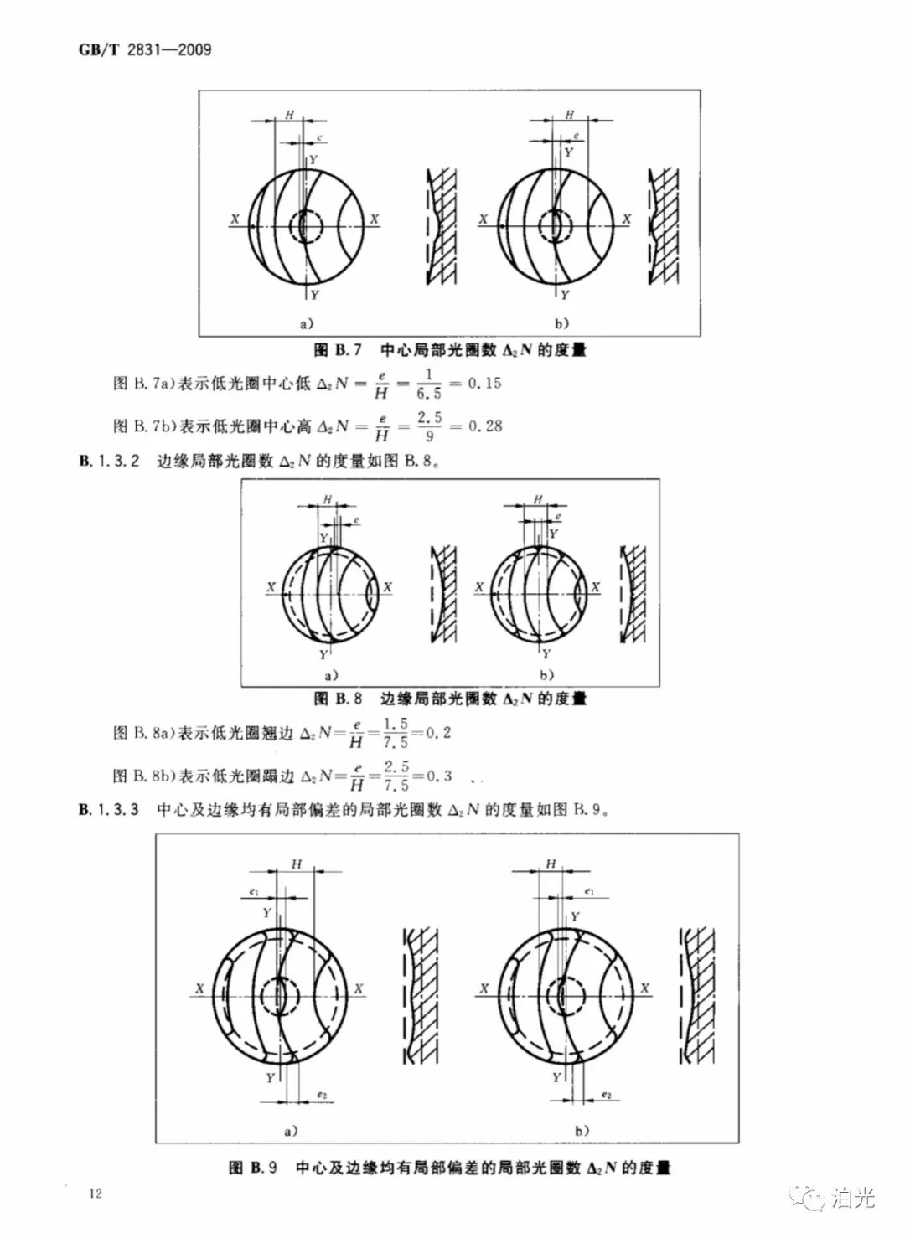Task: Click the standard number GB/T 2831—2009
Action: [x=145, y=50]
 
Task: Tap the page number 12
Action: [x=96, y=1193]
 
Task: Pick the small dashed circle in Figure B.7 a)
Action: [x=307, y=226]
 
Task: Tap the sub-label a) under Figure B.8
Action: [x=330, y=674]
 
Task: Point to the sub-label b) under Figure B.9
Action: [x=583, y=1131]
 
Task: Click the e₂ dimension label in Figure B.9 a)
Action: [x=322, y=1095]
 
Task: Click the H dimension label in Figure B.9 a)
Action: [x=297, y=864]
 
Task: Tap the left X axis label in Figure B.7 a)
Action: [x=236, y=219]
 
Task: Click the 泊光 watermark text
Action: [x=852, y=1199]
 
